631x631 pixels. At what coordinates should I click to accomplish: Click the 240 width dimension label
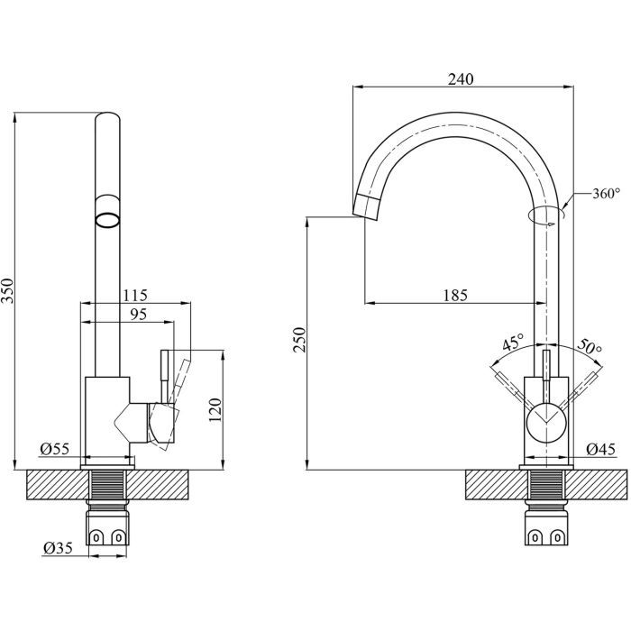tap(460, 79)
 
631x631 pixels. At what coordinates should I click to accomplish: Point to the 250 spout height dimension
tap(300, 340)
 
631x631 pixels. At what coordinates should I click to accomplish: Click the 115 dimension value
tap(134, 295)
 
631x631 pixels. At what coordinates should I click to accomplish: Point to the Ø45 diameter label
tap(599, 448)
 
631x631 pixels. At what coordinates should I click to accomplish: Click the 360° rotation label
tap(607, 194)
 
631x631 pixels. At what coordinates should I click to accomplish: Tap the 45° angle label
tap(513, 343)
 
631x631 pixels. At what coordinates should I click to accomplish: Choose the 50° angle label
tap(589, 346)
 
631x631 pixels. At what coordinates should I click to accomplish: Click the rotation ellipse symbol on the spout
tap(546, 215)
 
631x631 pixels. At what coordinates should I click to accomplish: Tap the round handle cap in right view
tap(545, 422)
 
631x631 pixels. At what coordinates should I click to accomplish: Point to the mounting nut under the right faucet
tap(546, 535)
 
